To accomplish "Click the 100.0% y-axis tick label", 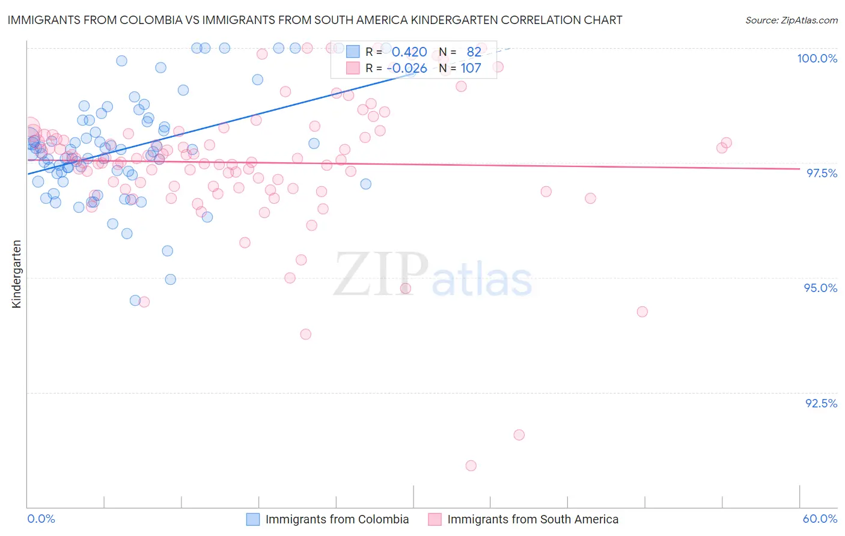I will coord(817,58).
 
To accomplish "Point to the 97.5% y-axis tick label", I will coord(821,173).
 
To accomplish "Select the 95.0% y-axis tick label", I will coord(820,288).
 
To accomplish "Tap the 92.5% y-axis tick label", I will coord(821,403).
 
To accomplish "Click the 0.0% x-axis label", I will coord(41,519).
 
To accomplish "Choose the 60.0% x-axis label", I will coord(820,519).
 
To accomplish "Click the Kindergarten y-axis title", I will coord(16,274).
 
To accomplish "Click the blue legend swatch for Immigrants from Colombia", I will coord(253,519).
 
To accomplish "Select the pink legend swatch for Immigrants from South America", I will coord(435,519).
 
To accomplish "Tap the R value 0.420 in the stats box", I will coord(409,52).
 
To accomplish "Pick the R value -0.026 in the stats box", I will coord(407,68).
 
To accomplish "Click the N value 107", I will coord(471,68).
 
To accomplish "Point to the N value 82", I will coord(474,52).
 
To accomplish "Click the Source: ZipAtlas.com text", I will coord(791,20).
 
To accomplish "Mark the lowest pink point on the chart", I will coord(471,466).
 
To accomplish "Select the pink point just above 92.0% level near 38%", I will coord(519,434).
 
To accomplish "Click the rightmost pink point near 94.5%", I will coord(642,311).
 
